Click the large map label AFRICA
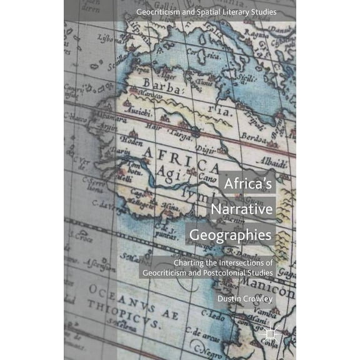(x=181, y=161)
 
